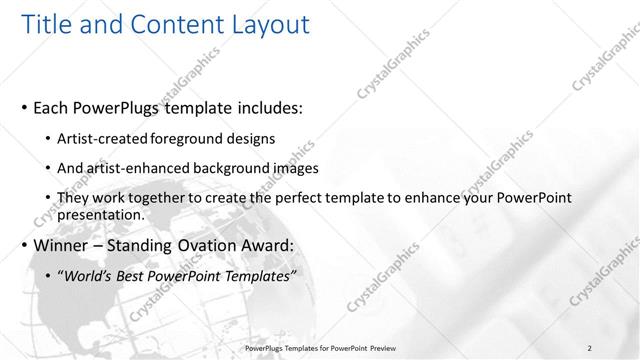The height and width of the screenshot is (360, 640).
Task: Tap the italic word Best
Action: click(x=133, y=277)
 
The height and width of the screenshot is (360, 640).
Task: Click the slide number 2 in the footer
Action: click(x=590, y=348)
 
